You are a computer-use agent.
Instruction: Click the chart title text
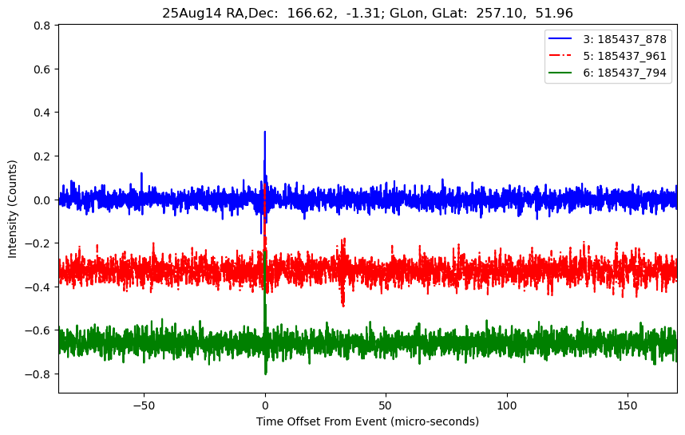click(x=367, y=13)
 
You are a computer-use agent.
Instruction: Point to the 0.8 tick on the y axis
click(x=42, y=26)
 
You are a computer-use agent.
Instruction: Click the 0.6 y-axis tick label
click(x=42, y=69)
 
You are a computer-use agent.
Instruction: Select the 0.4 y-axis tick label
click(x=42, y=113)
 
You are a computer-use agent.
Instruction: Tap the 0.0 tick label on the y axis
click(x=42, y=200)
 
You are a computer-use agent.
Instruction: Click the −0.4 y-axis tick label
click(x=38, y=287)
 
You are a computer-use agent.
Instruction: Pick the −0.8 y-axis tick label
click(x=38, y=374)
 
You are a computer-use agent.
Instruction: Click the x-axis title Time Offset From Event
click(x=367, y=421)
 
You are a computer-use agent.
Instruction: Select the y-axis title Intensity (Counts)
click(x=13, y=208)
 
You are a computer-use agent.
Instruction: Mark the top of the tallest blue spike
click(x=265, y=132)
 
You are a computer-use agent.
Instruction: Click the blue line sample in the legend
click(x=563, y=39)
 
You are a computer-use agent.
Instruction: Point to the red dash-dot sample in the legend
click(x=563, y=56)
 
